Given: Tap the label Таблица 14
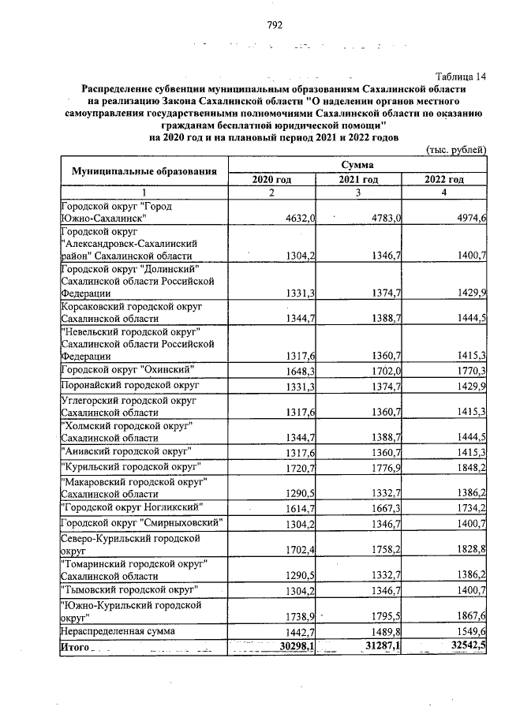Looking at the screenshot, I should [461, 77].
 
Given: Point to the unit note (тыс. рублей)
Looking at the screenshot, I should [455, 150].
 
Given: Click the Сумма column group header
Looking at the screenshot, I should [357, 165].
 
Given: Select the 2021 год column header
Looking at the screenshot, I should [358, 180].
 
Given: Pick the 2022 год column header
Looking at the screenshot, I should [444, 180].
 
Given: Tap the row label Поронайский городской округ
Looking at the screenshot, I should [130, 385].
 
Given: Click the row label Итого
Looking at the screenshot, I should [75, 648].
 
